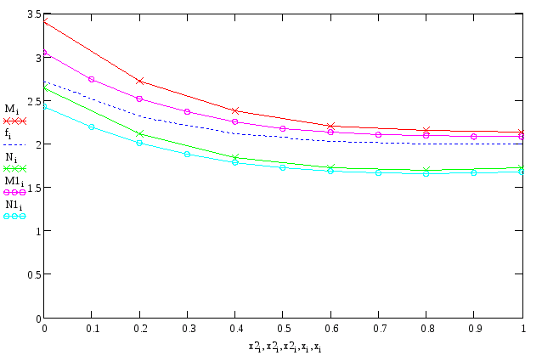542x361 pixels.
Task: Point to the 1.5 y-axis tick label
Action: point(33,188)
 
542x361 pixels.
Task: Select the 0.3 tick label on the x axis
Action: point(187,328)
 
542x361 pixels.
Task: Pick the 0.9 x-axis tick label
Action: point(474,328)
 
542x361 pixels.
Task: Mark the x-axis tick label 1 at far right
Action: point(522,328)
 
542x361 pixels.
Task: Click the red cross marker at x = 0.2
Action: point(139,81)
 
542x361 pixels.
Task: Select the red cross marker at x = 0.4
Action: point(235,110)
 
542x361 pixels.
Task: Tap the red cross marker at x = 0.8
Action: point(426,130)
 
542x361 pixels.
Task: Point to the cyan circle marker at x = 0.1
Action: point(91,127)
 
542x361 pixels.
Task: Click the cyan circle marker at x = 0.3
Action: point(187,154)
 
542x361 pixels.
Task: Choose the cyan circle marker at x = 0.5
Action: point(283,167)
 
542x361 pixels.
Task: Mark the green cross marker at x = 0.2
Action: point(139,133)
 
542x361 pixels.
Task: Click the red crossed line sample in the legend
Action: point(15,121)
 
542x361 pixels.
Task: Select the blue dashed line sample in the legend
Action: point(15,144)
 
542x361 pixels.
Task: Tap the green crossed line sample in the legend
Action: point(15,168)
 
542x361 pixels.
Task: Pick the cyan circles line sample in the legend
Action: point(15,216)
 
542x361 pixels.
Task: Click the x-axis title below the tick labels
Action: point(284,347)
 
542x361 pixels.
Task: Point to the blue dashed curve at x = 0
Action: point(44,82)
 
